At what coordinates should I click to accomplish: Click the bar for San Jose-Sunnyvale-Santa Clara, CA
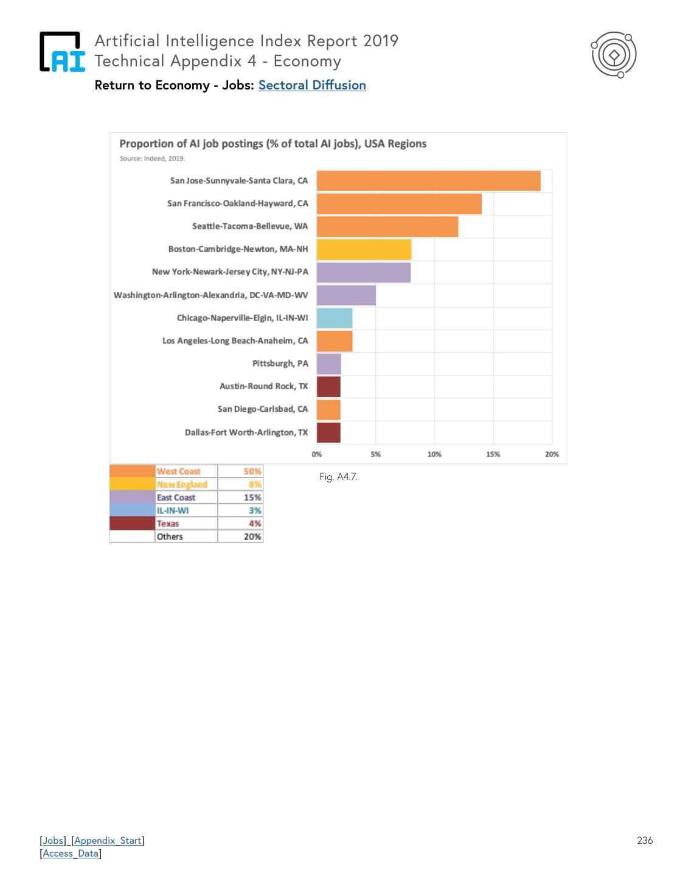(428, 181)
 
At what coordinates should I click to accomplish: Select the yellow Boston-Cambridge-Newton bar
(364, 249)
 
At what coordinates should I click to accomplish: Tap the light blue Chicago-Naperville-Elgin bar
(335, 318)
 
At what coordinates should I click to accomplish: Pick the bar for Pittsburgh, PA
(328, 364)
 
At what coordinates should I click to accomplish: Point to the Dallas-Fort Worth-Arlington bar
(328, 433)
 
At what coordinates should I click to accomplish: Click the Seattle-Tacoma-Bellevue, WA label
(250, 226)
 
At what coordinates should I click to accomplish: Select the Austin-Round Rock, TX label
(263, 386)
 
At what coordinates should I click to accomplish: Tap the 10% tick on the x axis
(434, 454)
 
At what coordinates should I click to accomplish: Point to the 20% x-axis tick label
(552, 454)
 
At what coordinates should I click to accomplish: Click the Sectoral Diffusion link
(312, 85)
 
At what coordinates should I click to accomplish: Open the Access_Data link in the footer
(71, 853)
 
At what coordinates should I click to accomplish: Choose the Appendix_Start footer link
(108, 841)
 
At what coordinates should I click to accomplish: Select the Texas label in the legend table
(168, 524)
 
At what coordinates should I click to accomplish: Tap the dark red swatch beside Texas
(132, 524)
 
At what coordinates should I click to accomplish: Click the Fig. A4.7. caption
(338, 477)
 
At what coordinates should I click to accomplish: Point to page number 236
(645, 841)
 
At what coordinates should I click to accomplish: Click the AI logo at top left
(62, 52)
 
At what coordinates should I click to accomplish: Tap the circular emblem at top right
(614, 55)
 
